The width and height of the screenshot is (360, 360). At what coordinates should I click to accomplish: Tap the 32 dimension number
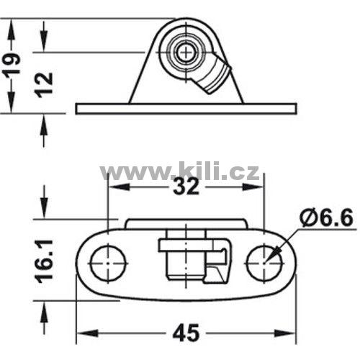click(186, 186)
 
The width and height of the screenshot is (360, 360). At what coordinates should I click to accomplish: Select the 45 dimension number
click(186, 333)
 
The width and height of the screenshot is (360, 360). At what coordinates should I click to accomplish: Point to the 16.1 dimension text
click(44, 261)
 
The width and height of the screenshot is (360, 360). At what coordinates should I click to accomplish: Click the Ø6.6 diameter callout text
click(326, 218)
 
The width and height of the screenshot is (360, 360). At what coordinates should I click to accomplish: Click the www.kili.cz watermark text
click(179, 171)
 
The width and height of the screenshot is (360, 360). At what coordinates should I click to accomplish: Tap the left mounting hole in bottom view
click(108, 264)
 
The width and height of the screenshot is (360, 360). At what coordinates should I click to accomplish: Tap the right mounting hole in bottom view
click(264, 264)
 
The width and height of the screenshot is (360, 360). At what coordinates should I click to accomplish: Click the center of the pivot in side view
click(186, 52)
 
